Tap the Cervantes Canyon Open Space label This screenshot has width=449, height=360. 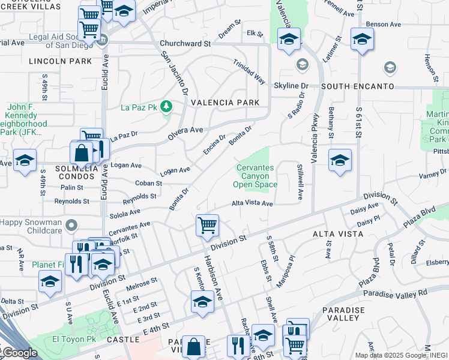click(256, 176)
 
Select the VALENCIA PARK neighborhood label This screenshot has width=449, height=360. click(225, 103)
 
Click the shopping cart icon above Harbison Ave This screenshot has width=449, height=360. click(207, 226)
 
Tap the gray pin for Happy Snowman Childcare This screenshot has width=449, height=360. click(72, 226)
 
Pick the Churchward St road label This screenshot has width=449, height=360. click(185, 44)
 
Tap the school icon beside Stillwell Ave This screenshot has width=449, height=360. click(340, 160)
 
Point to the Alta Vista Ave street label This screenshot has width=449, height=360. click(253, 203)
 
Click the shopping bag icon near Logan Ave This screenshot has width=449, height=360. click(81, 153)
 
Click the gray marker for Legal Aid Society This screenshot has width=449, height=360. click(103, 40)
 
